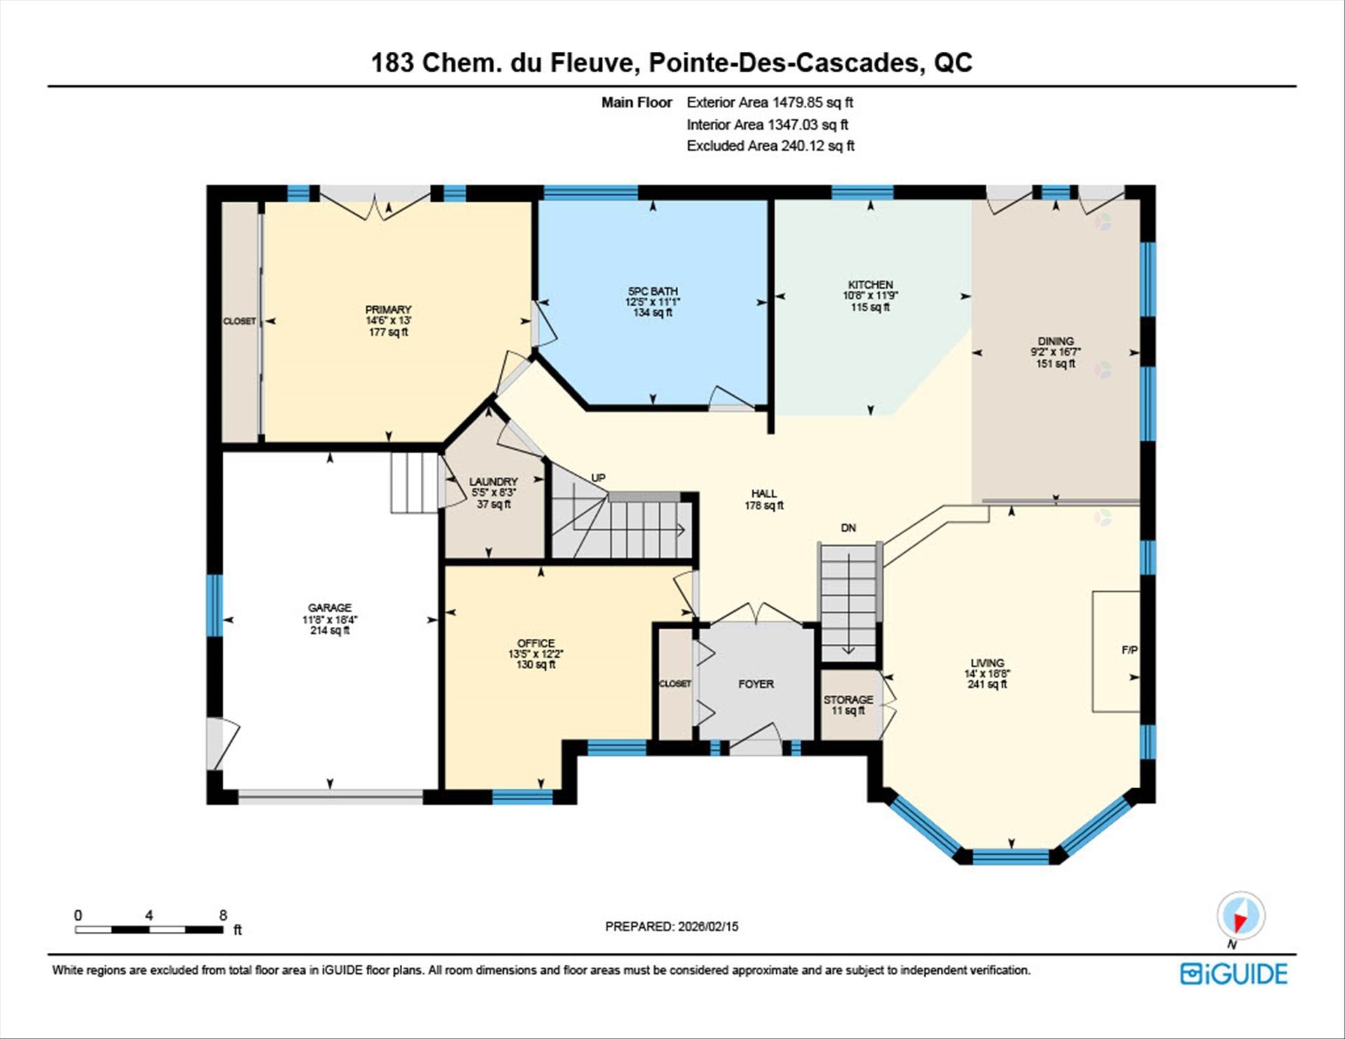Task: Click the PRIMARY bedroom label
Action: [x=388, y=310]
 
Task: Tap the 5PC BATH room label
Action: [x=652, y=291]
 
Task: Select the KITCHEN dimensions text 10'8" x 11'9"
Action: [x=870, y=296]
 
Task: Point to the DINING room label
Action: [x=1056, y=341]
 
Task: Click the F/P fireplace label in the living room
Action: [x=1129, y=650]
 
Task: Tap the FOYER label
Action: [x=756, y=684]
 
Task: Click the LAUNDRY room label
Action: [x=493, y=481]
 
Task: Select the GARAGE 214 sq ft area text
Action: [x=329, y=631]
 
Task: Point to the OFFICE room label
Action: [x=536, y=643]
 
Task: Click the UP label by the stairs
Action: [x=598, y=478]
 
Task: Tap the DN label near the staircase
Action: [x=848, y=528]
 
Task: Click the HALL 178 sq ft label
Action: [x=764, y=499]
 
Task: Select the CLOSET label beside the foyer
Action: [x=675, y=684]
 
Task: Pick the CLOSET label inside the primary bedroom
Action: [x=240, y=321]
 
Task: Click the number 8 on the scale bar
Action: [x=223, y=915]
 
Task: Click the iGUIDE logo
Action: [x=1234, y=974]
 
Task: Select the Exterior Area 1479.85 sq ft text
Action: [x=769, y=102]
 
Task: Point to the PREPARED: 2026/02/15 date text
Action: [x=672, y=926]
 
